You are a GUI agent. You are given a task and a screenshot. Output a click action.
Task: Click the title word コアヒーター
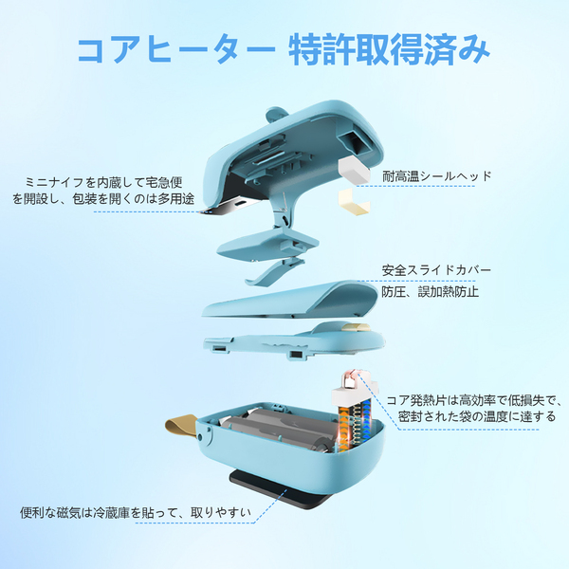pyautogui.click(x=176, y=49)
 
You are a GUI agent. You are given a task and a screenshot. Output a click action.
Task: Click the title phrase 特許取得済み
pyautogui.click(x=389, y=49)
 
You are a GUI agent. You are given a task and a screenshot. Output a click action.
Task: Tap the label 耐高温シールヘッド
pyautogui.click(x=437, y=176)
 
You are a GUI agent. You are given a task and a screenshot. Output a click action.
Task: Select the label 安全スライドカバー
pyautogui.click(x=436, y=270)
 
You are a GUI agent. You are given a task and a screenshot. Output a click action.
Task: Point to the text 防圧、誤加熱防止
pyautogui.click(x=430, y=291)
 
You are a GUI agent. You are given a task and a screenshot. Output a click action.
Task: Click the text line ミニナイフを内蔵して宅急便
pyautogui.click(x=103, y=182)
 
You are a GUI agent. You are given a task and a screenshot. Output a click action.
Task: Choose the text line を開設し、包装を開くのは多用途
pyautogui.click(x=103, y=199)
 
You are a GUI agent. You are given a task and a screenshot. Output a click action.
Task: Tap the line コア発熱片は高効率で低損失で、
pyautogui.click(x=475, y=400)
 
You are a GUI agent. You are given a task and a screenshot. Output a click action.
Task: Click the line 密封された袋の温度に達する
pyautogui.click(x=477, y=416)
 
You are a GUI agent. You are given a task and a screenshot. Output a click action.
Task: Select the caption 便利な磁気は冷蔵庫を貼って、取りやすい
pyautogui.click(x=136, y=512)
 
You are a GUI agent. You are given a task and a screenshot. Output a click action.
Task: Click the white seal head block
pyautogui.click(x=354, y=170)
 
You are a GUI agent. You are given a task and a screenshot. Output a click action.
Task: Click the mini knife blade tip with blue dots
pyautogui.click(x=208, y=211)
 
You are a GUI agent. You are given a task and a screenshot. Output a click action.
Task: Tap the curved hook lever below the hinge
pyautogui.click(x=275, y=271)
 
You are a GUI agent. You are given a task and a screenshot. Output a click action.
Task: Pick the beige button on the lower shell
pyautogui.click(x=356, y=327)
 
